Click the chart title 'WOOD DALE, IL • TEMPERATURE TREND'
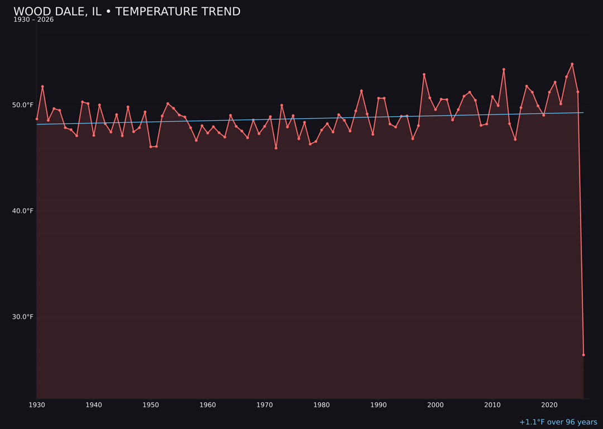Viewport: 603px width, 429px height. (x=127, y=12)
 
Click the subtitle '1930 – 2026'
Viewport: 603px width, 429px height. (x=33, y=20)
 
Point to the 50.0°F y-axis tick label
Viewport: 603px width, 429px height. (x=23, y=105)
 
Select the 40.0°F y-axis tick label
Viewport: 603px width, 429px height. (x=23, y=211)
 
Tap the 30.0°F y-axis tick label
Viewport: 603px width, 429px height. (x=23, y=317)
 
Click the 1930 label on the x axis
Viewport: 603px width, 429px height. (x=37, y=405)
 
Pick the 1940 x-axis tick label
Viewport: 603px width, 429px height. (x=94, y=405)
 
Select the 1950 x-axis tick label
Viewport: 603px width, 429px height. (x=151, y=405)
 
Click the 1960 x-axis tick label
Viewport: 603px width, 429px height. (x=208, y=405)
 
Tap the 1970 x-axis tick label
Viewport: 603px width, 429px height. (x=265, y=405)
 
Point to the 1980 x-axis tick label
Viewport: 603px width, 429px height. (x=322, y=405)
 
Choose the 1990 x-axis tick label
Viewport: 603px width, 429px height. (x=379, y=405)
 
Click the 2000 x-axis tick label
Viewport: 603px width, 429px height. (x=435, y=405)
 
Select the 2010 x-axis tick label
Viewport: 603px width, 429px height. (x=492, y=405)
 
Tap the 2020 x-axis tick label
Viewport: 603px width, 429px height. (x=549, y=405)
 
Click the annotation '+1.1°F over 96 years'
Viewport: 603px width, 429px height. (x=558, y=422)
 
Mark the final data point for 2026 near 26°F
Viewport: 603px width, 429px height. (x=583, y=355)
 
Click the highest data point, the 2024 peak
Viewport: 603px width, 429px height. (x=572, y=64)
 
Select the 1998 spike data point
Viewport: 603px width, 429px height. (x=424, y=74)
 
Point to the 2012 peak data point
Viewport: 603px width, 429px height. (x=504, y=69)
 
